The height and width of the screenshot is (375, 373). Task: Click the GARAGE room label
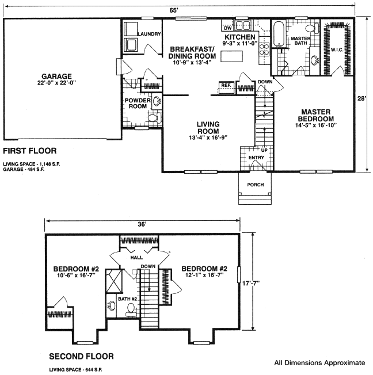tap(57, 76)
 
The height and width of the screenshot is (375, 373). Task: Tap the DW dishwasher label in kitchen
tap(228, 28)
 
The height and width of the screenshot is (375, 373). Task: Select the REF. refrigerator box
tap(226, 87)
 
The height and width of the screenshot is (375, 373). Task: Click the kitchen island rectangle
tap(231, 56)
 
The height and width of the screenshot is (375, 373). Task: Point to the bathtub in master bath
tap(279, 34)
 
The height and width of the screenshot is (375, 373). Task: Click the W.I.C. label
tap(337, 49)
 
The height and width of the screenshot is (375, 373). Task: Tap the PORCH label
tap(256, 185)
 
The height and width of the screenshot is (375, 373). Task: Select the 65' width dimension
tap(174, 10)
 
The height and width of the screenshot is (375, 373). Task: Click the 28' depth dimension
tap(362, 98)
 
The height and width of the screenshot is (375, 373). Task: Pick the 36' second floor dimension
tap(142, 224)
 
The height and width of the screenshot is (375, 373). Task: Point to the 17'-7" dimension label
tap(251, 283)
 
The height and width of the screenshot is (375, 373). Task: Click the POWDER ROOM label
tap(138, 104)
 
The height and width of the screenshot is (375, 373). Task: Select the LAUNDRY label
tap(149, 34)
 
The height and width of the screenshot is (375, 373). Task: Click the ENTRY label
tap(256, 158)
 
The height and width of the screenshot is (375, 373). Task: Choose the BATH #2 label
tap(127, 299)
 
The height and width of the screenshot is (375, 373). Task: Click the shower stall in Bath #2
tap(115, 281)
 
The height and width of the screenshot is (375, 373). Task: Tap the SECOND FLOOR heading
tap(81, 357)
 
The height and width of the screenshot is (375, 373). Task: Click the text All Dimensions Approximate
tap(319, 363)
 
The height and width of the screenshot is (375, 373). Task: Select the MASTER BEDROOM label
tap(316, 115)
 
